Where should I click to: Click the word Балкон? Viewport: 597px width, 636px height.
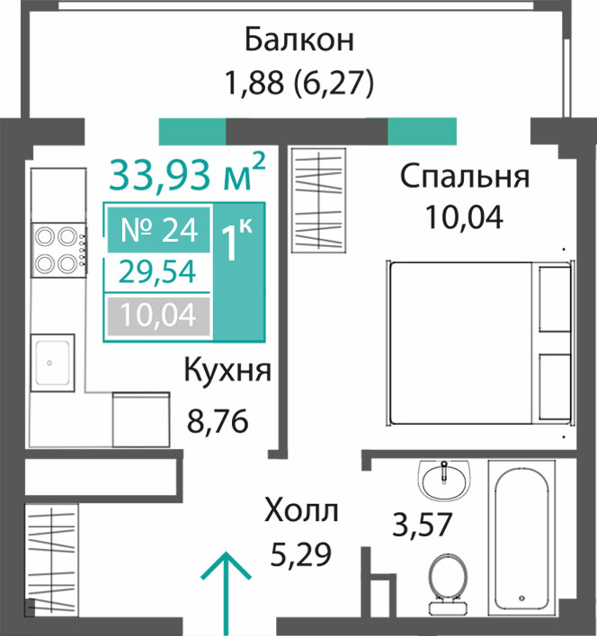pyautogui.click(x=299, y=40)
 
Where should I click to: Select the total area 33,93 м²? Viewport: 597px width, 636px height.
pyautogui.click(x=188, y=173)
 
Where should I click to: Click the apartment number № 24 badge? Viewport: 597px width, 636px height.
pyautogui.click(x=158, y=230)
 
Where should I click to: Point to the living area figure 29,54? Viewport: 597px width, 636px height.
pyautogui.click(x=158, y=272)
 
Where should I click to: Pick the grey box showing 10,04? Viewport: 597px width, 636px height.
pyautogui.click(x=158, y=315)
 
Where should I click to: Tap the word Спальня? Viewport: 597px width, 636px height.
pyautogui.click(x=465, y=177)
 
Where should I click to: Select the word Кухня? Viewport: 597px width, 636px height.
pyautogui.click(x=227, y=371)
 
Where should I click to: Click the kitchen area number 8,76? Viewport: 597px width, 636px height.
pyautogui.click(x=218, y=421)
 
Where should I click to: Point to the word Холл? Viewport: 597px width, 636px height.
pyautogui.click(x=301, y=510)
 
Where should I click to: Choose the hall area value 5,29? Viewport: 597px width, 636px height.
pyautogui.click(x=300, y=554)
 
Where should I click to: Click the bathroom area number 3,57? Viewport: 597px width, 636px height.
pyautogui.click(x=423, y=525)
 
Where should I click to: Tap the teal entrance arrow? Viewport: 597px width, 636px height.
pyautogui.click(x=226, y=594)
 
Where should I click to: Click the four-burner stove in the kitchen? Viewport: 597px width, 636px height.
pyautogui.click(x=59, y=251)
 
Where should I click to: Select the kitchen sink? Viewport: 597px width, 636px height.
pyautogui.click(x=53, y=363)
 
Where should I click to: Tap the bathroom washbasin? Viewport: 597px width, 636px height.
pyautogui.click(x=444, y=480)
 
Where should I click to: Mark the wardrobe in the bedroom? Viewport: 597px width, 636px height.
pyautogui.click(x=319, y=200)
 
